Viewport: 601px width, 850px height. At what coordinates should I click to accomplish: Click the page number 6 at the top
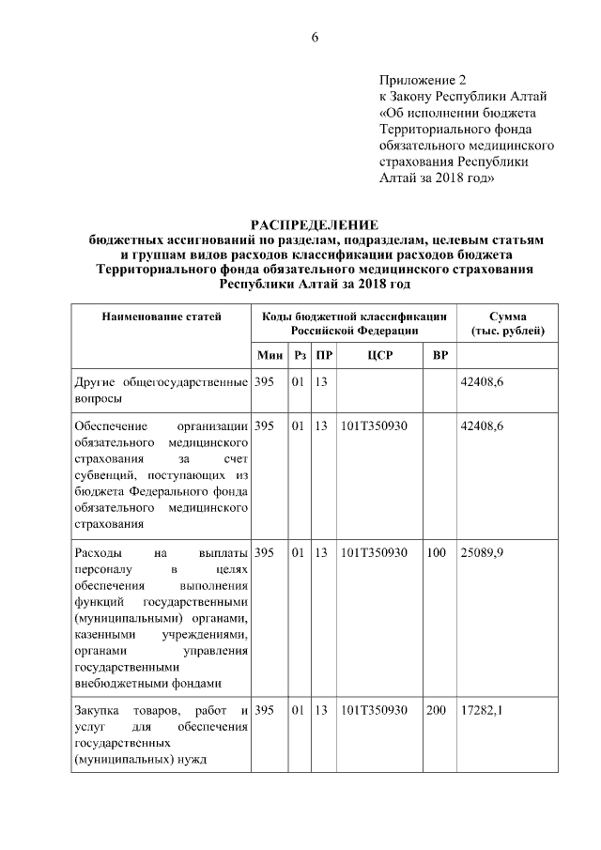(315, 38)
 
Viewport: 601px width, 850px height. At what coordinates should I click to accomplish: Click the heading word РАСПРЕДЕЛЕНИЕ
(315, 224)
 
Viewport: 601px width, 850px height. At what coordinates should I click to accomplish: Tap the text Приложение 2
(423, 81)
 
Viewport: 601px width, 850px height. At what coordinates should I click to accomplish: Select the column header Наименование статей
(162, 317)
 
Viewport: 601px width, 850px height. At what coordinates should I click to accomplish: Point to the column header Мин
(270, 355)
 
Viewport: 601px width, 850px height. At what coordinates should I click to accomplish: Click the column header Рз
(300, 355)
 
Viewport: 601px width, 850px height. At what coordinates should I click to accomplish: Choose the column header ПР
(322, 355)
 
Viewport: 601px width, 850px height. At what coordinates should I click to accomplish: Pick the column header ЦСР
(378, 355)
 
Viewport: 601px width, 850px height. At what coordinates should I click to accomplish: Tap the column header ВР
(439, 355)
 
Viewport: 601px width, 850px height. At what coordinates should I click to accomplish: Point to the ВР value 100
(436, 553)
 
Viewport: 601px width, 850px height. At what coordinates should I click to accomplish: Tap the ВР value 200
(436, 711)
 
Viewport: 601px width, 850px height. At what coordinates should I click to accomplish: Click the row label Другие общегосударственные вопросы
(161, 390)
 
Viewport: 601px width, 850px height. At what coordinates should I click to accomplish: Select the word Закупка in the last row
(96, 711)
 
